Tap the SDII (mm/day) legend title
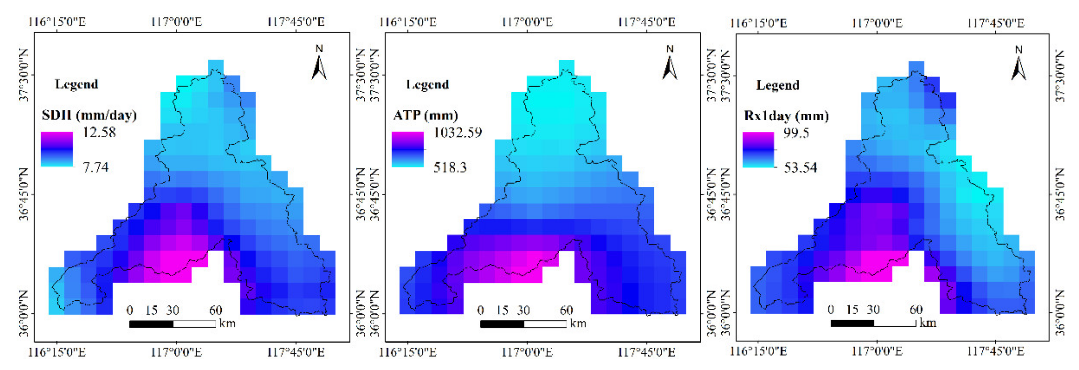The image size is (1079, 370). [89, 115]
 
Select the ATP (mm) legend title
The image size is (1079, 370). [426, 115]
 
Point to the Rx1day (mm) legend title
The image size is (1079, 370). [786, 115]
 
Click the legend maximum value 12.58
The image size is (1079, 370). [99, 132]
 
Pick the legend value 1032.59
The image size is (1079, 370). [458, 133]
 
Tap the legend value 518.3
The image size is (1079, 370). [450, 168]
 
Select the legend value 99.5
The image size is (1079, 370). [796, 133]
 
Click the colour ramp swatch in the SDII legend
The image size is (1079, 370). [57, 149]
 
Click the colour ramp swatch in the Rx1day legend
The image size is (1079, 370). [758, 150]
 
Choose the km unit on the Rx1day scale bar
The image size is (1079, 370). [927, 323]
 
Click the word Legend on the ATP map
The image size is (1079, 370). [428, 85]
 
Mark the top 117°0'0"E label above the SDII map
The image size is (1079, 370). [176, 22]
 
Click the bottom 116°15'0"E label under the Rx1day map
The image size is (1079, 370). [758, 351]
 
